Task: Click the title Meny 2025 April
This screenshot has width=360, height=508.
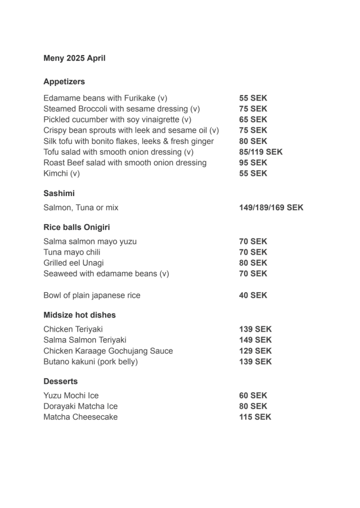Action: point(74,58)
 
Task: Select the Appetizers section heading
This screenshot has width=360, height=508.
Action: point(64,82)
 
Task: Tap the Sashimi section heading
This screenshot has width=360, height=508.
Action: point(59,193)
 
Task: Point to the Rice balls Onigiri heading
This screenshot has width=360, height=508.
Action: point(76,228)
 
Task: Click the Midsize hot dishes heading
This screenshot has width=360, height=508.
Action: point(79,315)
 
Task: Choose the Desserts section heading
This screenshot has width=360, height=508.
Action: point(60,382)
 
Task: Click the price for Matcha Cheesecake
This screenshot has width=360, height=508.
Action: point(255,417)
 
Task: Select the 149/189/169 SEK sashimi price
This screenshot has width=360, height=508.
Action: point(271,208)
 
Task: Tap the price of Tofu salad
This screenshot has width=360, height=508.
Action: point(260,152)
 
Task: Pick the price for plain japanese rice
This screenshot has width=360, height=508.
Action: point(253,296)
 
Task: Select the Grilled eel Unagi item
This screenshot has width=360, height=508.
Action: point(73,263)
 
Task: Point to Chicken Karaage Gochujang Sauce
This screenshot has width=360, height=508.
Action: point(108,351)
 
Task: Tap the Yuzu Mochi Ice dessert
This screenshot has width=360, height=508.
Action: point(71,396)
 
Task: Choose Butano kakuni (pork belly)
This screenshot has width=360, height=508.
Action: point(90,362)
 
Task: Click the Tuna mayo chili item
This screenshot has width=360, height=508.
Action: point(71,252)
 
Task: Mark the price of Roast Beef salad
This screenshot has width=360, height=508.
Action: point(253,163)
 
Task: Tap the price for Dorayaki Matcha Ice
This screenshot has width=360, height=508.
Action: point(253,406)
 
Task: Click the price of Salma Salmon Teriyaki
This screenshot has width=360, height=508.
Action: point(255,341)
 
